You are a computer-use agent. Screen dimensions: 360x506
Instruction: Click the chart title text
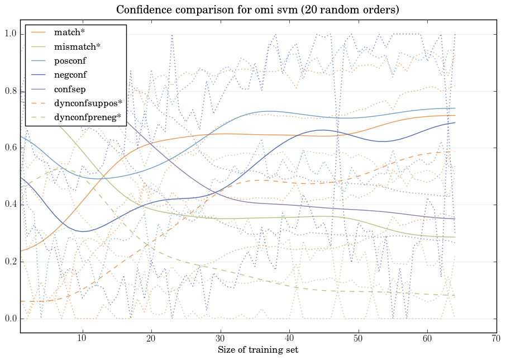point(257,10)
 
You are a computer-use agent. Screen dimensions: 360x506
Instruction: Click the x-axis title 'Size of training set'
point(257,350)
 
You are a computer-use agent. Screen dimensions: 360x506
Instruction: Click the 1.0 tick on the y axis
point(10,34)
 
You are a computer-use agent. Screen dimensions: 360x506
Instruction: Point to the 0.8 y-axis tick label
point(10,91)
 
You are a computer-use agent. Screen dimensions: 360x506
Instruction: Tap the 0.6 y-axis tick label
point(10,148)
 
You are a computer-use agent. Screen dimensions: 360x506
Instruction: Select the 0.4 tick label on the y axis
point(10,205)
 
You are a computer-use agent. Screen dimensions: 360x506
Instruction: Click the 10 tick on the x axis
point(82,338)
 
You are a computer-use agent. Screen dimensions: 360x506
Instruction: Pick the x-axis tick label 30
point(220,338)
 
